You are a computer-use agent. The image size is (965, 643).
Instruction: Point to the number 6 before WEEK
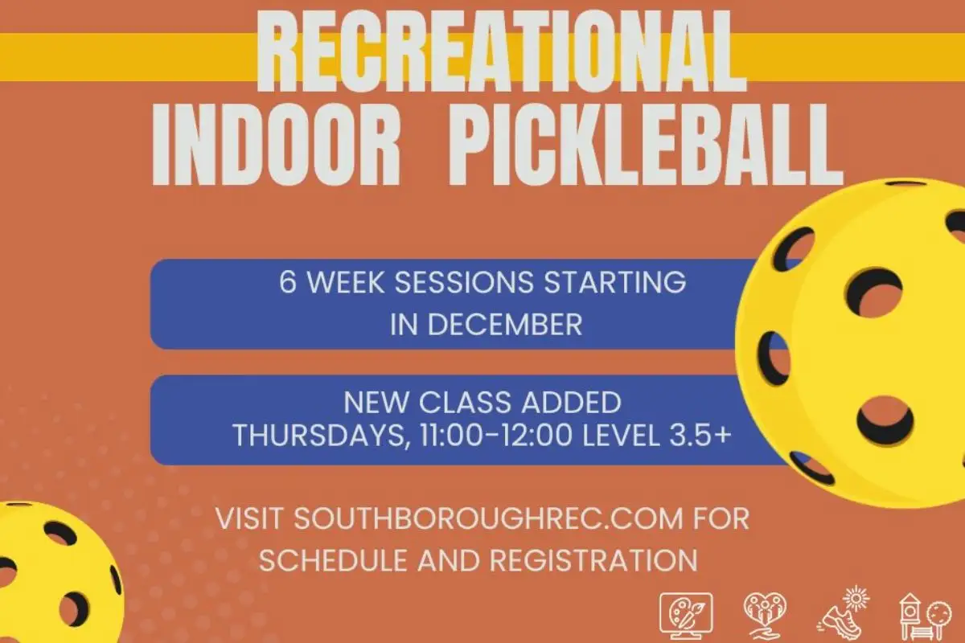coord(288,283)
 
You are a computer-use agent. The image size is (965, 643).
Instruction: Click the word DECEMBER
coord(504,325)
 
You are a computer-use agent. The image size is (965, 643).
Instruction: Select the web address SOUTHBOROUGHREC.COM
coord(489,518)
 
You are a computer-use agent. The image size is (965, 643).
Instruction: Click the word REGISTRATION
coord(593,560)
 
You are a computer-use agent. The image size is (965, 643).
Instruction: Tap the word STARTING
coord(615,283)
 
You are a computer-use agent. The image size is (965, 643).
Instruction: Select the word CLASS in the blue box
coord(466,403)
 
